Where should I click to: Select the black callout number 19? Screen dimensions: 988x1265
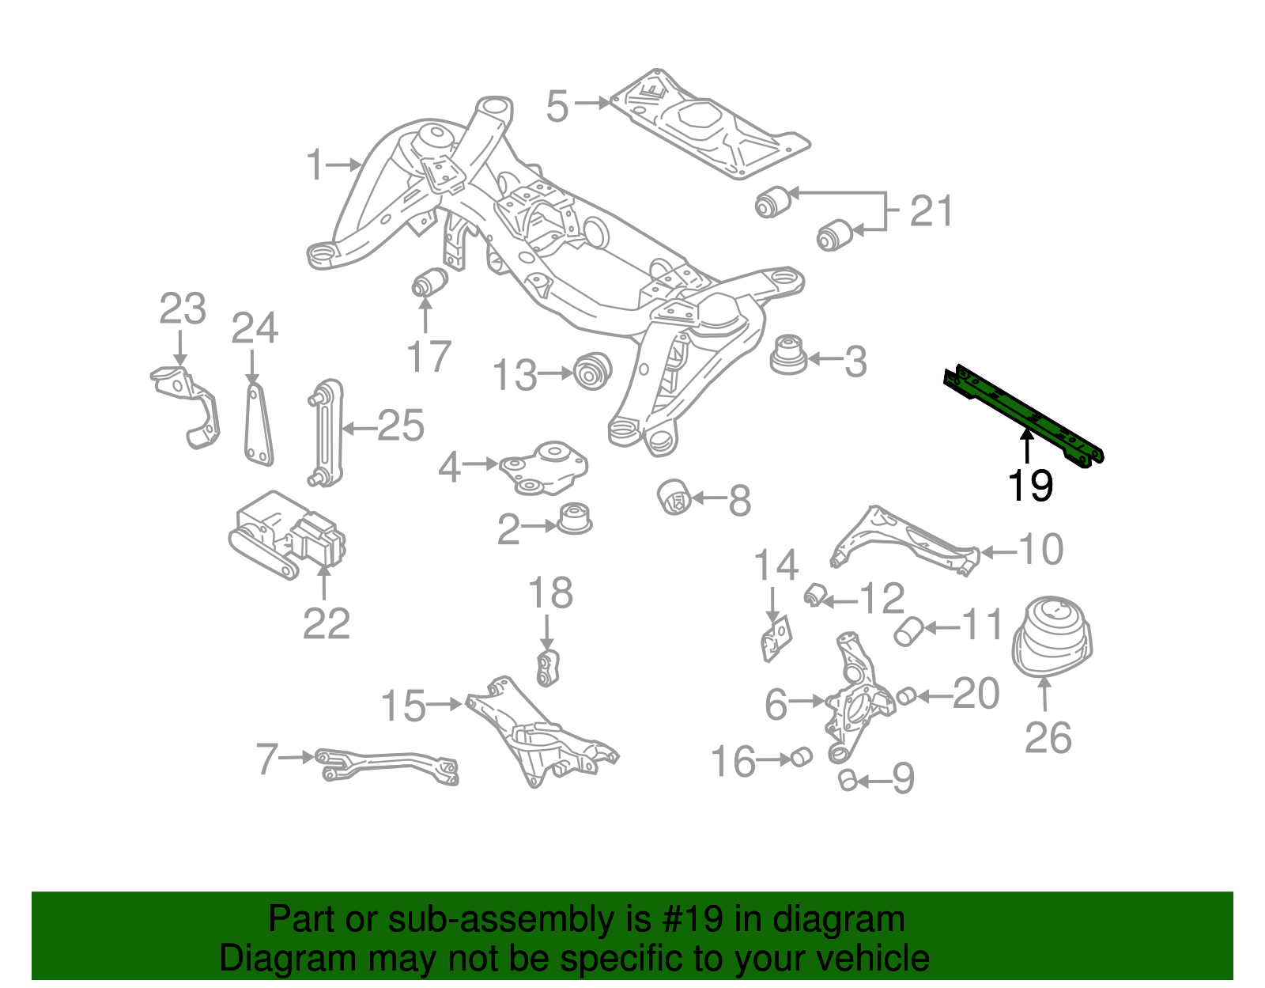tap(1030, 485)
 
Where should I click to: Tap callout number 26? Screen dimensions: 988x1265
tap(1048, 737)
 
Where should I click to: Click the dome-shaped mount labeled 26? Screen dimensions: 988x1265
tap(1052, 638)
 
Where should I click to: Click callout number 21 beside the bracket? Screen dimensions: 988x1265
tap(931, 211)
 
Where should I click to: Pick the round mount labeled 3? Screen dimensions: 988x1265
tap(787, 356)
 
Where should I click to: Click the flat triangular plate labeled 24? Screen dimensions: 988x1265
tap(257, 423)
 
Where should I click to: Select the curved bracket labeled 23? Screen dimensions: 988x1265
tap(190, 404)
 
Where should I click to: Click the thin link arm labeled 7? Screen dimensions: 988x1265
tap(387, 765)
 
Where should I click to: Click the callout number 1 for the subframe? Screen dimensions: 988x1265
tap(315, 165)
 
